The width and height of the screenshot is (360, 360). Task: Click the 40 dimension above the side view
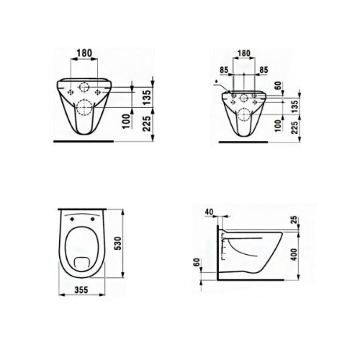[x=209, y=212]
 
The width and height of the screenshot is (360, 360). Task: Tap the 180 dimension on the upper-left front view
[x=85, y=53]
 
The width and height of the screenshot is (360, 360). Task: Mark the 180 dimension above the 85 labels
[x=244, y=53]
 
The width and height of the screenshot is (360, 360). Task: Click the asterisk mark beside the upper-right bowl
[x=215, y=84]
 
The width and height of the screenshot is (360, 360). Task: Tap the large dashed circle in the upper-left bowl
[x=84, y=110]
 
